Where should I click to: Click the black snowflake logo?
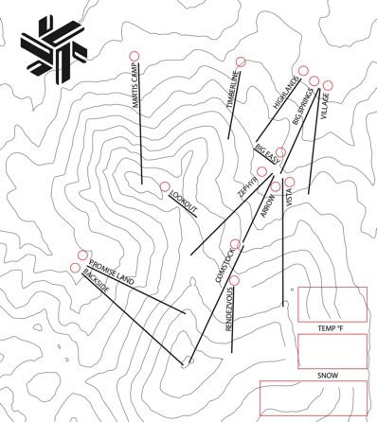pos(54,51)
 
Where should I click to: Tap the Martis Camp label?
pos(135,85)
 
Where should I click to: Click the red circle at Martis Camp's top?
pos(135,56)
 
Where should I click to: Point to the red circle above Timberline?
pos(241,62)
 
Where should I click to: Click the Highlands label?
pos(285,93)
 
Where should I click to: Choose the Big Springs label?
pos(302,106)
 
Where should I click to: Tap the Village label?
pos(325,106)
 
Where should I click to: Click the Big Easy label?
pos(267,153)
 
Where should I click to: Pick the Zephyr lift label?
pos(247,187)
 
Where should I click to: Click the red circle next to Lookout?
pos(164,186)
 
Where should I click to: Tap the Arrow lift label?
pos(268,205)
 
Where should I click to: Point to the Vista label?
pos(289,197)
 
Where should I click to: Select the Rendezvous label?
pos(229,308)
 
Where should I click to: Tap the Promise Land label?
pos(112,273)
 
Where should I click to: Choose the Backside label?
pos(96,281)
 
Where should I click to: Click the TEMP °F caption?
pos(331,328)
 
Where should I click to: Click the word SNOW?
pos(328,376)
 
